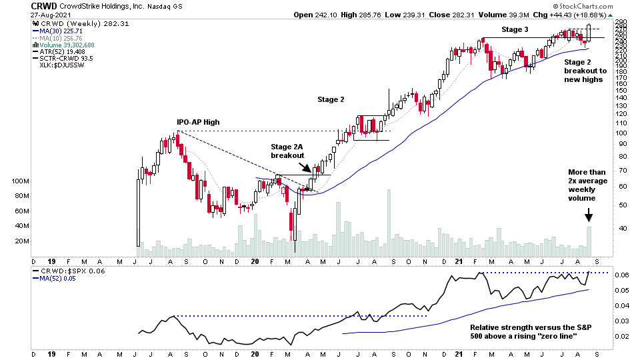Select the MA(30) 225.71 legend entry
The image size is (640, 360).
click(63, 31)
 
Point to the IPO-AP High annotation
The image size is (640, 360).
click(198, 122)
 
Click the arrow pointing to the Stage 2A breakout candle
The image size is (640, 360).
click(304, 168)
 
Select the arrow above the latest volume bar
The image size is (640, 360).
click(589, 215)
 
